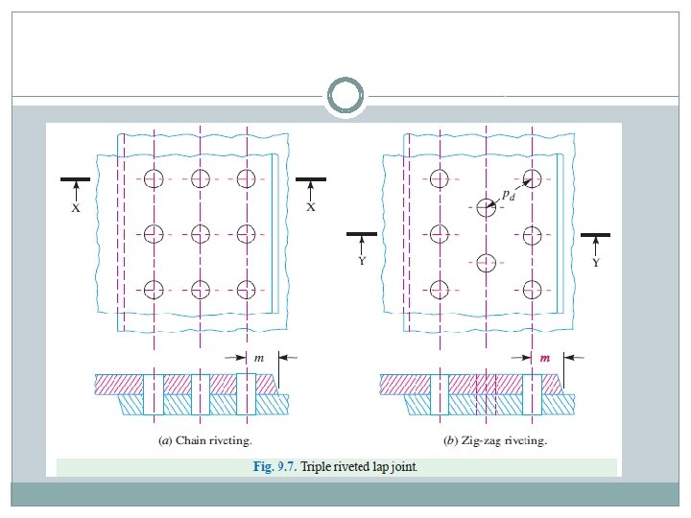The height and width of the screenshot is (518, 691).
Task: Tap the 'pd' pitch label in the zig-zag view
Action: pyautogui.click(x=509, y=195)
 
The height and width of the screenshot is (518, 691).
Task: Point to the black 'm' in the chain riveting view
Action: pyautogui.click(x=259, y=357)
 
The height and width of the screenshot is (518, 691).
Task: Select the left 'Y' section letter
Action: pyautogui.click(x=362, y=261)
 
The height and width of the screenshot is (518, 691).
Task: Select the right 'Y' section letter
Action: pyautogui.click(x=596, y=261)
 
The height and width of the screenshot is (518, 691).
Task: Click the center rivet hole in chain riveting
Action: pyautogui.click(x=200, y=233)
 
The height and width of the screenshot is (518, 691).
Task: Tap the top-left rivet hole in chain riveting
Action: pyautogui.click(x=154, y=177)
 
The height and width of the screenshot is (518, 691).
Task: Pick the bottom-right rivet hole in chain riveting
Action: pyautogui.click(x=247, y=289)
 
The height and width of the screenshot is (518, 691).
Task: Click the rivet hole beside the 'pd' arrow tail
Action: pyautogui.click(x=487, y=207)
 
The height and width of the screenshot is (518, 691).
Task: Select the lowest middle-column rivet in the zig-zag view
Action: pyautogui.click(x=487, y=262)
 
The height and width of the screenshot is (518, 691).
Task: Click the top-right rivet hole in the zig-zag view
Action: pyautogui.click(x=533, y=177)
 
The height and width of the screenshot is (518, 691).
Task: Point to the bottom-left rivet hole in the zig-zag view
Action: pyautogui.click(x=440, y=289)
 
